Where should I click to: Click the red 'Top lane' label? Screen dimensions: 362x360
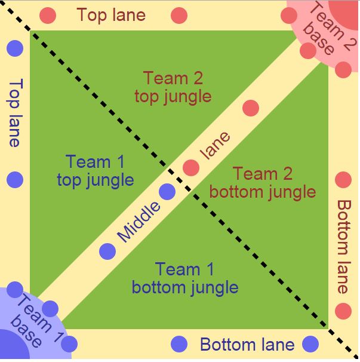112,15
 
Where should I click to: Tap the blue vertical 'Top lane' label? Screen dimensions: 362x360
14,113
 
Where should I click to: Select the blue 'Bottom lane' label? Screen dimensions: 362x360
247,345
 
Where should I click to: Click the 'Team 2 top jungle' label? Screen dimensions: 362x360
173,87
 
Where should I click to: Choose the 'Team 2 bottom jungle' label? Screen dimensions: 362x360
263,183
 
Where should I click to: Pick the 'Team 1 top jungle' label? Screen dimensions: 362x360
96,170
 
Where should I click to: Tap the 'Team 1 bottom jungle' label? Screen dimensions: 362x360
184,278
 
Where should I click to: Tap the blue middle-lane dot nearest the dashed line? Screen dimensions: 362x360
167,192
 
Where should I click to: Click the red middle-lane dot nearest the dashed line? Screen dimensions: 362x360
191,168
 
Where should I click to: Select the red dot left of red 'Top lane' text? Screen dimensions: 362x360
48,16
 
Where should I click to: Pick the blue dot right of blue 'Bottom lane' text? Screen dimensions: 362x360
310,344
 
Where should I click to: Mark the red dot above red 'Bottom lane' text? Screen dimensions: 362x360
343,180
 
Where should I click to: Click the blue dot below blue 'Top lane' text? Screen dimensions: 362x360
15,179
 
